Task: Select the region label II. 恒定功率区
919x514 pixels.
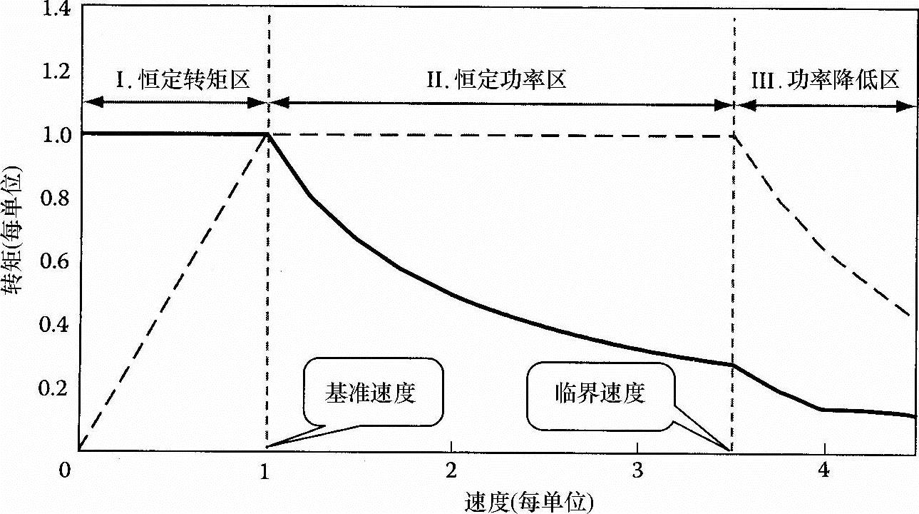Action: (x=497, y=79)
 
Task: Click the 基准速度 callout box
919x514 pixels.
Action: (x=371, y=393)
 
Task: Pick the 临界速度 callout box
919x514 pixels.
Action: (x=600, y=393)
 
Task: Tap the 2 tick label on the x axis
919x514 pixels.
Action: (x=451, y=470)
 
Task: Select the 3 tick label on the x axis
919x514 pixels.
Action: (x=637, y=470)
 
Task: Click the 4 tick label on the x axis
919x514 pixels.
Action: (x=824, y=470)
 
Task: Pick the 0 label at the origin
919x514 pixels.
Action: (x=66, y=470)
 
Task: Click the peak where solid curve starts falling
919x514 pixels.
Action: (x=268, y=133)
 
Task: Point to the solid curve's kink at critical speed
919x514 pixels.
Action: (x=732, y=365)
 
